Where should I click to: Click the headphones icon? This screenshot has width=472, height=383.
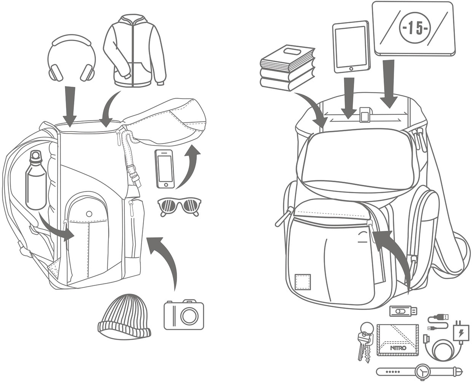72,59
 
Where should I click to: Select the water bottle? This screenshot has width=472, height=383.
36,181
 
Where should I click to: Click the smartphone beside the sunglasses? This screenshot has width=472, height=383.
164,169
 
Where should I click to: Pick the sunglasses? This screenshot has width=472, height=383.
179,207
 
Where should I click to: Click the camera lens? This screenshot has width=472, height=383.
189,315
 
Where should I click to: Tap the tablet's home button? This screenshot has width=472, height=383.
351,69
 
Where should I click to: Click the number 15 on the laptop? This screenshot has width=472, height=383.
414,29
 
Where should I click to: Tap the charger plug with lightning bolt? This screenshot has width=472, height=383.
460,332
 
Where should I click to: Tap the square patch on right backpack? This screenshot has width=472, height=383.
303,281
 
